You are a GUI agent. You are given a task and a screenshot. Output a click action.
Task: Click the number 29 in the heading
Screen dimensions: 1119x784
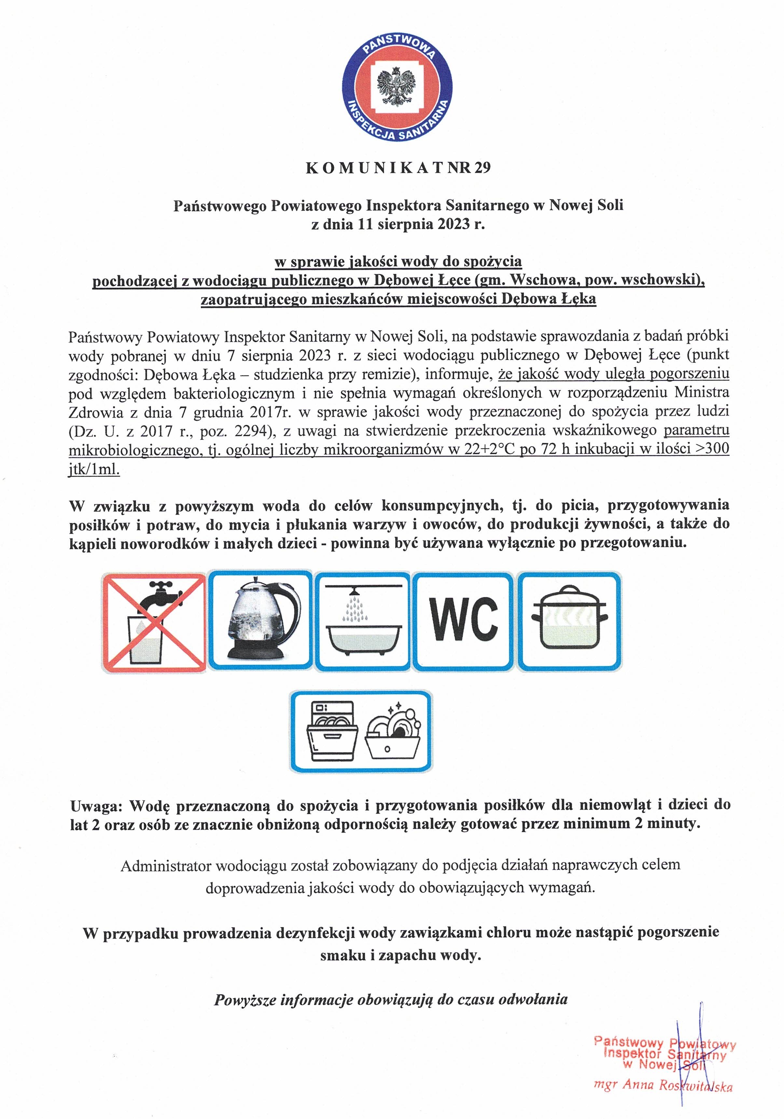(481, 168)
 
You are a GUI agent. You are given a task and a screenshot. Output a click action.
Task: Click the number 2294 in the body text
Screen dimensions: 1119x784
(251, 431)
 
